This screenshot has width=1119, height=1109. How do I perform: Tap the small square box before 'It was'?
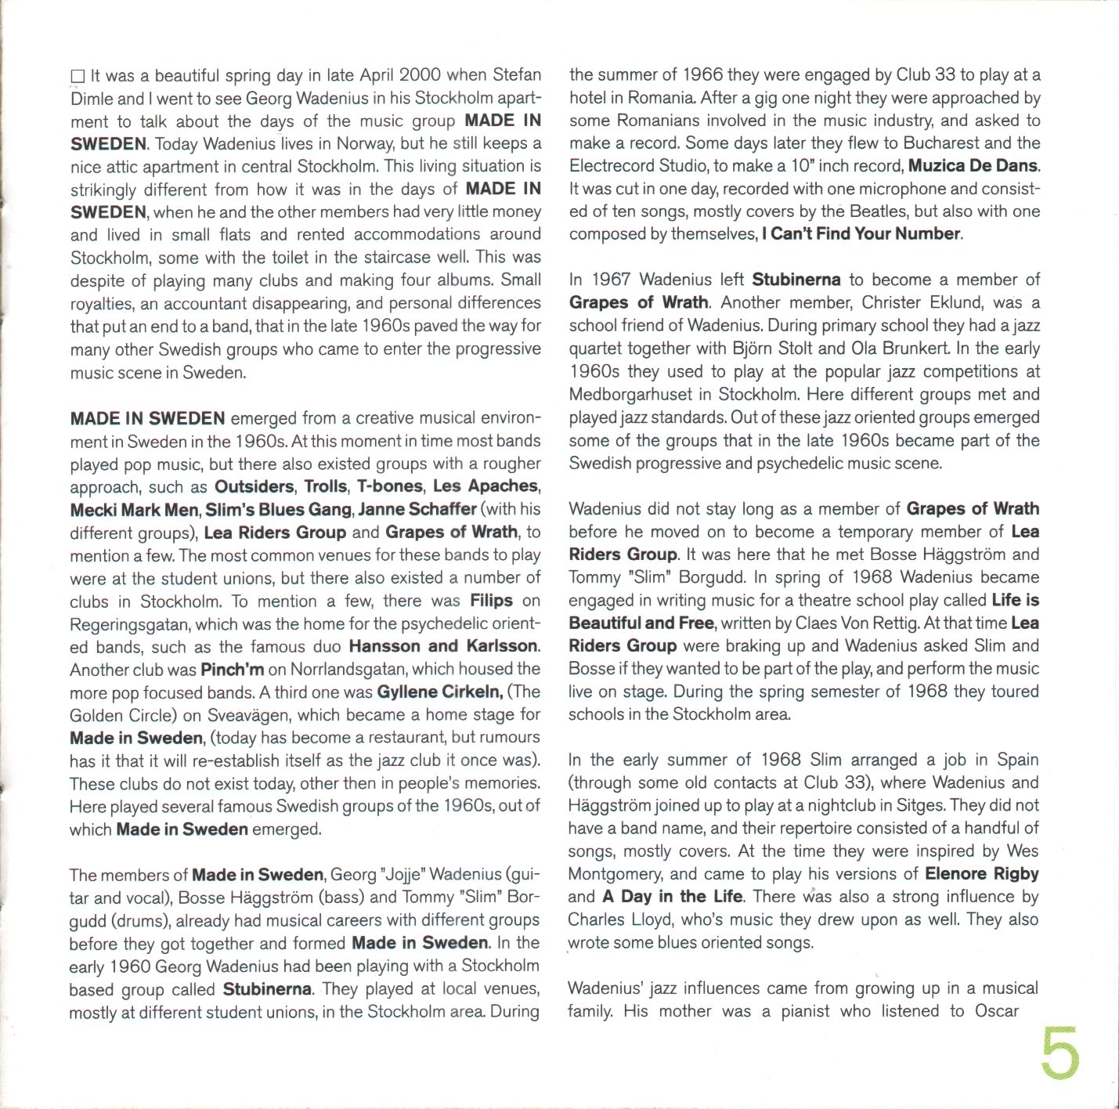click(x=78, y=77)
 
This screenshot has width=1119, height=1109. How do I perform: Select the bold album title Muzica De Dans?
click(x=973, y=166)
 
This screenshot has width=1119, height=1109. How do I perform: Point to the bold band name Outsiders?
click(x=254, y=486)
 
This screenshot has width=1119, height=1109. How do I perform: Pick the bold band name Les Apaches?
click(x=486, y=486)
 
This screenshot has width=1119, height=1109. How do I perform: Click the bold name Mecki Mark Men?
click(x=134, y=510)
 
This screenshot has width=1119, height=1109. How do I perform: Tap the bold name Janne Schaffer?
click(x=417, y=509)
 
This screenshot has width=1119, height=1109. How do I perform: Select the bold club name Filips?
click(x=491, y=601)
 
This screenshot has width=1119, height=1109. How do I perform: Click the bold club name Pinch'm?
click(x=232, y=670)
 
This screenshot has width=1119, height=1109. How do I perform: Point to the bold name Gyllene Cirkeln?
click(x=439, y=692)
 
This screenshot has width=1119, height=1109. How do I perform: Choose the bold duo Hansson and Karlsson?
click(x=443, y=647)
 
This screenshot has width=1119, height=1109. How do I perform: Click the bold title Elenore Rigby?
click(x=981, y=874)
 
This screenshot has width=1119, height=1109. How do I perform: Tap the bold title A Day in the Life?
click(x=673, y=897)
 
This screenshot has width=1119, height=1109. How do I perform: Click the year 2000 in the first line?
click(x=420, y=75)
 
